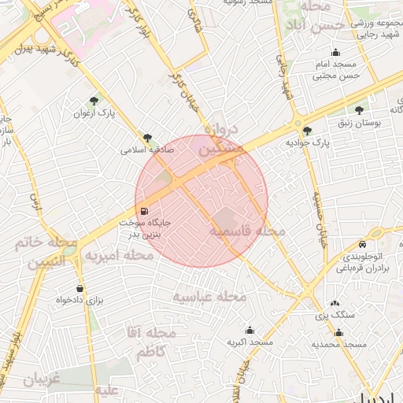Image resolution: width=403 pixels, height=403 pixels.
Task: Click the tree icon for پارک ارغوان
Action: coord(95,100)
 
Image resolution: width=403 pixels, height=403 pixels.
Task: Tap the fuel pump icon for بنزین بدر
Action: coord(144,211)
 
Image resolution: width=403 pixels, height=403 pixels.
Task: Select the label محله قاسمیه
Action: coord(247,231)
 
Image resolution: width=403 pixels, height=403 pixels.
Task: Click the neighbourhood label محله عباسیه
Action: coord(210,297)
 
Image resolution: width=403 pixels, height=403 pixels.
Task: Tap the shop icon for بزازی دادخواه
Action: coord(79,288)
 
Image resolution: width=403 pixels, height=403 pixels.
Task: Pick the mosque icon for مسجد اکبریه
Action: coord(250,330)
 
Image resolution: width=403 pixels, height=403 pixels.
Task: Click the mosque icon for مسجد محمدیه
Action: coord(339,332)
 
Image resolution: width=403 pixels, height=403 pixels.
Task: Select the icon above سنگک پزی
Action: coord(335,303)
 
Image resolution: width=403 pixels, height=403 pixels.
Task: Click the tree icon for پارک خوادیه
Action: coord(306,130)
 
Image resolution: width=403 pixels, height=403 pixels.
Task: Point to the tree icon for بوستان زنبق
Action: coord(360,110)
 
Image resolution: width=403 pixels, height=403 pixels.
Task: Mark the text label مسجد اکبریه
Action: coord(250,343)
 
